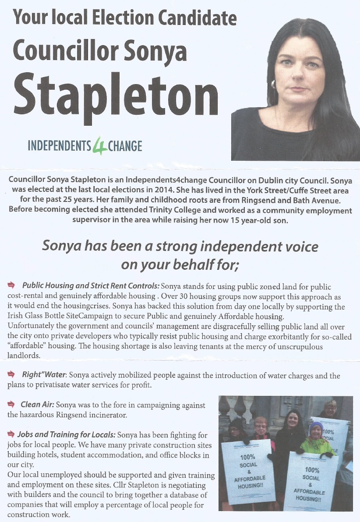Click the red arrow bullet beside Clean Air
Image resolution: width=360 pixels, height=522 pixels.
coord(11,404)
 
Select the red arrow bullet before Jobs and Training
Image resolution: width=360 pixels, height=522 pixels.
coord(11,434)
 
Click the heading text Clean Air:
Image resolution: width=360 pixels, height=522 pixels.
coord(37,405)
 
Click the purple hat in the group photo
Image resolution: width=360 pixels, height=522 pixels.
coord(316,427)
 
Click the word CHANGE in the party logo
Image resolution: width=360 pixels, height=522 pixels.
coord(125,145)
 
